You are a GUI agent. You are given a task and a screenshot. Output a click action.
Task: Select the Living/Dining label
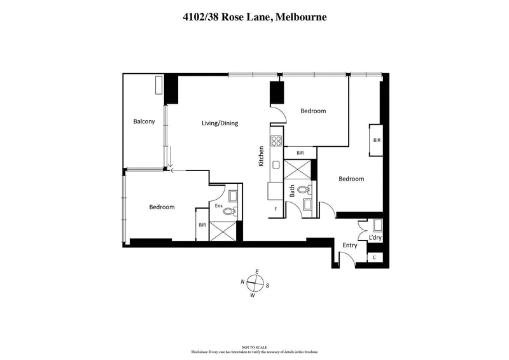(220, 123)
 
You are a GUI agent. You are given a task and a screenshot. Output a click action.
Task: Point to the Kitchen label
(261, 156)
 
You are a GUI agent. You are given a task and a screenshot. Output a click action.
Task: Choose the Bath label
(293, 191)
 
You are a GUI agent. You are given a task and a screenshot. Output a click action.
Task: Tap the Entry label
(350, 246)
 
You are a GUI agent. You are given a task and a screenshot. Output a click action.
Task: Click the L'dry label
(375, 239)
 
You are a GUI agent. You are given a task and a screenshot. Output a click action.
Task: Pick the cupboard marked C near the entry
(375, 257)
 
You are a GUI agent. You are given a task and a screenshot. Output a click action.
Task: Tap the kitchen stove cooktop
(276, 141)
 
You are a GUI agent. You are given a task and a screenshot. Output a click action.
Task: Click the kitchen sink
(276, 165)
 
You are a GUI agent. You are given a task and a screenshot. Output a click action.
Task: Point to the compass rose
(254, 283)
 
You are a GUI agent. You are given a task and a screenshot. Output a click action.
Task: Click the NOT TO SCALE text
(254, 347)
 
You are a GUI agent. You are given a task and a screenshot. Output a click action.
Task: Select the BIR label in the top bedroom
(301, 153)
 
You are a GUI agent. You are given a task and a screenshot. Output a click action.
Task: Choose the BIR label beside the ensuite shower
(202, 225)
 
